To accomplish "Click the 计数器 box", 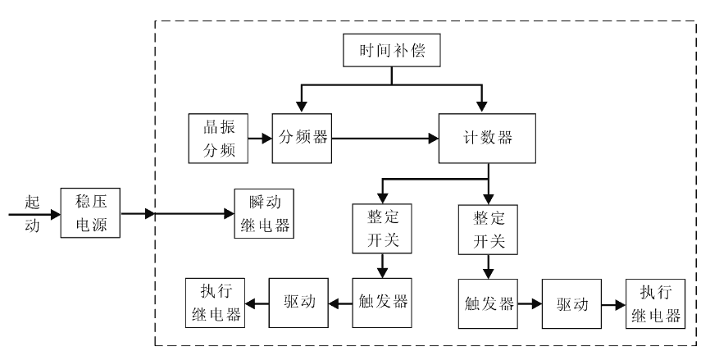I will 488,137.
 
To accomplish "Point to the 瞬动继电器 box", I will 262,213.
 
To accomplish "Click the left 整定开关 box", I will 380,230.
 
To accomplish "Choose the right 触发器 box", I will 487,303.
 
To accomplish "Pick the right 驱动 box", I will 571,303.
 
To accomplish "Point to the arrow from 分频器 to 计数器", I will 385,137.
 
